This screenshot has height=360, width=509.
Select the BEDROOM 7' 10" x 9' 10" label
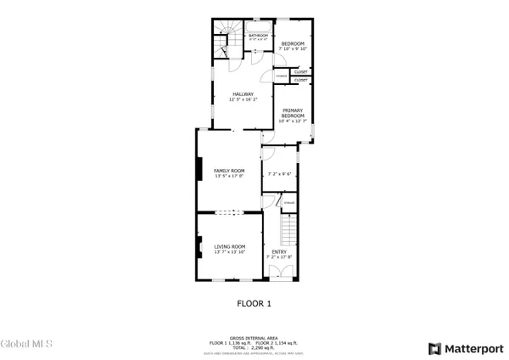pos(292,46)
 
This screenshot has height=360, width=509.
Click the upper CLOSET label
pos(300,72)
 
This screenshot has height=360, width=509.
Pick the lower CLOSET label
pos(300,80)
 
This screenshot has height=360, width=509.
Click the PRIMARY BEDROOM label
pos(292,115)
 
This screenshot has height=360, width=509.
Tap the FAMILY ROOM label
pos(229,173)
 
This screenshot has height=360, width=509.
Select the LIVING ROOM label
pos(229,249)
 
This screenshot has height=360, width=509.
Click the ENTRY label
pos(279,254)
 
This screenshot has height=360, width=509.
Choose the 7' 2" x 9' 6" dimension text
pos(279,174)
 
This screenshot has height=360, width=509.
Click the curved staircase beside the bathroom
pos(223,39)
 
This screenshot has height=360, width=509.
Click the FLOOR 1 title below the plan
pos(254,302)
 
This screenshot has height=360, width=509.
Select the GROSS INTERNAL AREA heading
pos(255,336)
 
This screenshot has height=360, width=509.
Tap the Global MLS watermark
pos(27,344)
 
